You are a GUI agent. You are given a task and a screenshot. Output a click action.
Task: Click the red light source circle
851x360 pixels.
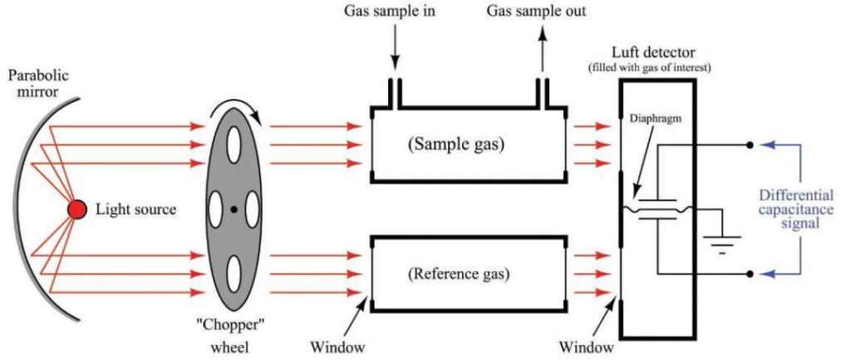(76, 210)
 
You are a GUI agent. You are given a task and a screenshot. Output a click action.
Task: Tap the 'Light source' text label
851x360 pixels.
(135, 210)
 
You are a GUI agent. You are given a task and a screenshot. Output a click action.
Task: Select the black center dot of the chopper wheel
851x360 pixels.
(236, 209)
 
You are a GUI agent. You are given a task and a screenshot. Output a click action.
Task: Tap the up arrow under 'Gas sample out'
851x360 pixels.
(543, 52)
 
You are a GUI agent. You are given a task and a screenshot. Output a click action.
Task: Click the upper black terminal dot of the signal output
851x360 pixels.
(750, 145)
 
